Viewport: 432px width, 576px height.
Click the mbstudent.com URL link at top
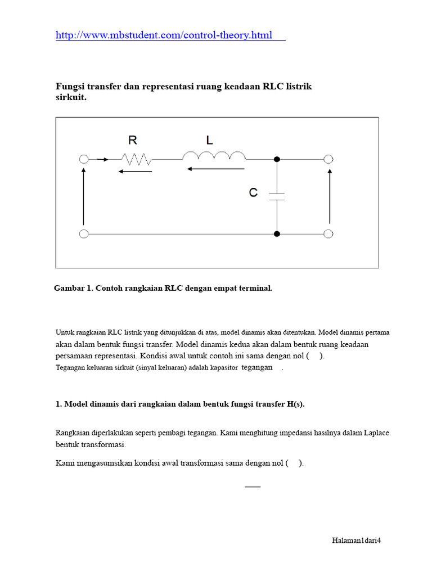pyautogui.click(x=170, y=35)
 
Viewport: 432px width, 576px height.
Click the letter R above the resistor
pyautogui.click(x=133, y=141)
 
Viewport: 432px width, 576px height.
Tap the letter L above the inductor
pyautogui.click(x=209, y=141)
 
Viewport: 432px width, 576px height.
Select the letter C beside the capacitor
pyautogui.click(x=253, y=193)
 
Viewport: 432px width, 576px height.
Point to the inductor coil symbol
pyautogui.click(x=214, y=155)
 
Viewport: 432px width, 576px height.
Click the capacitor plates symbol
pyautogui.click(x=277, y=196)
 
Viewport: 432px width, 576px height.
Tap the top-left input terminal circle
pyautogui.click(x=84, y=160)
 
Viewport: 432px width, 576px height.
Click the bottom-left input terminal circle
pyautogui.click(x=84, y=233)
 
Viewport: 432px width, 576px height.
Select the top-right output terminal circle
pyautogui.click(x=329, y=160)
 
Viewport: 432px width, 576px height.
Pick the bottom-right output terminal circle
pyautogui.click(x=329, y=233)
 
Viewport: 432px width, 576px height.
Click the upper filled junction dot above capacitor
pyautogui.click(x=277, y=160)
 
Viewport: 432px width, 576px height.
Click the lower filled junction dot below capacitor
pyautogui.click(x=277, y=233)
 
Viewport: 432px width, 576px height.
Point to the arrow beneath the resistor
pyautogui.click(x=135, y=171)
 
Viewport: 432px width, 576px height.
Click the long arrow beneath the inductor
pyautogui.click(x=216, y=168)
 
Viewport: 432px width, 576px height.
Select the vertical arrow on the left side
pyautogui.click(x=84, y=196)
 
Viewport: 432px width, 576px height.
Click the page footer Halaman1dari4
pyautogui.click(x=356, y=541)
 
